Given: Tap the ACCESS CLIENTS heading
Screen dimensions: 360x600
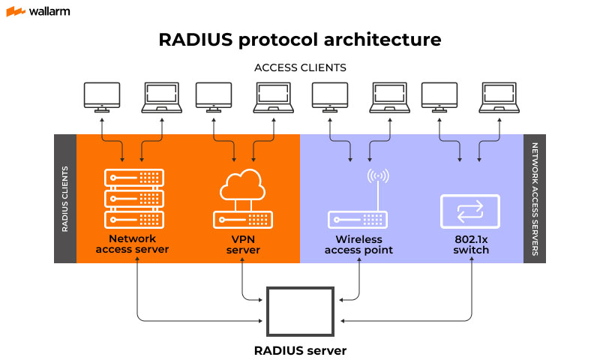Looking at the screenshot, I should (300, 67).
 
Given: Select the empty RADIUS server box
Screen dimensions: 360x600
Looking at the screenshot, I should (300, 310).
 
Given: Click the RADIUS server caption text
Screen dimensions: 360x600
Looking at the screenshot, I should (300, 349).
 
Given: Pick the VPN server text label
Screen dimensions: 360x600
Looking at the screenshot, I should (243, 244).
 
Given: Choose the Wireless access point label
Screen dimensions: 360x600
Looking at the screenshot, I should (358, 244).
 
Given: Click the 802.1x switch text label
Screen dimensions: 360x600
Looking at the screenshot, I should (471, 244).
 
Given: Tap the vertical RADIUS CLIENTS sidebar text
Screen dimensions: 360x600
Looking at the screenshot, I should (65, 199).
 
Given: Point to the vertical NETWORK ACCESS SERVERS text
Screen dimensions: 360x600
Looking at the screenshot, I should (535, 199).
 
